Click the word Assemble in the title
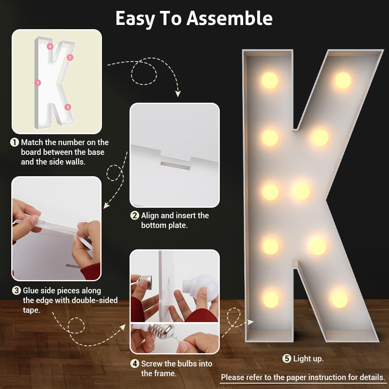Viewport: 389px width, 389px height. [x=230, y=18]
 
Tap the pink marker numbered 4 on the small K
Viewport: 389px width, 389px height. [x=50, y=46]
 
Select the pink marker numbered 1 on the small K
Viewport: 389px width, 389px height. [x=38, y=82]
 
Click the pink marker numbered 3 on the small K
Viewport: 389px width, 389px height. [x=68, y=107]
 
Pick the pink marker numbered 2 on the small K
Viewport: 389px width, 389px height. [x=70, y=58]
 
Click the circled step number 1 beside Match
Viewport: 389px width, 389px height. [x=14, y=142]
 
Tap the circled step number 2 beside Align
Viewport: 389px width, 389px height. [x=135, y=216]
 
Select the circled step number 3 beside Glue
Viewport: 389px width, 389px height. [x=16, y=291]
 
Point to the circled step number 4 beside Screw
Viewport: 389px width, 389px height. [x=135, y=364]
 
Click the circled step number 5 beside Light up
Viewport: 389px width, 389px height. [x=287, y=359]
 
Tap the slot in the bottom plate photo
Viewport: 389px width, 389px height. [x=175, y=165]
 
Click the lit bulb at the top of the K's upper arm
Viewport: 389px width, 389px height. [x=343, y=81]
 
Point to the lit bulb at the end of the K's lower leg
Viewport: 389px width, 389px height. [x=340, y=300]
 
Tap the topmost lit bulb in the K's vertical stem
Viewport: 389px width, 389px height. [x=270, y=81]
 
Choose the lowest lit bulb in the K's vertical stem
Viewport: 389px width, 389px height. [x=271, y=300]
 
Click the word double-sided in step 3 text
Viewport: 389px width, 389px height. [x=96, y=300]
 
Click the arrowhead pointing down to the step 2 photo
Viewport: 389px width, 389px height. [x=178, y=93]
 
